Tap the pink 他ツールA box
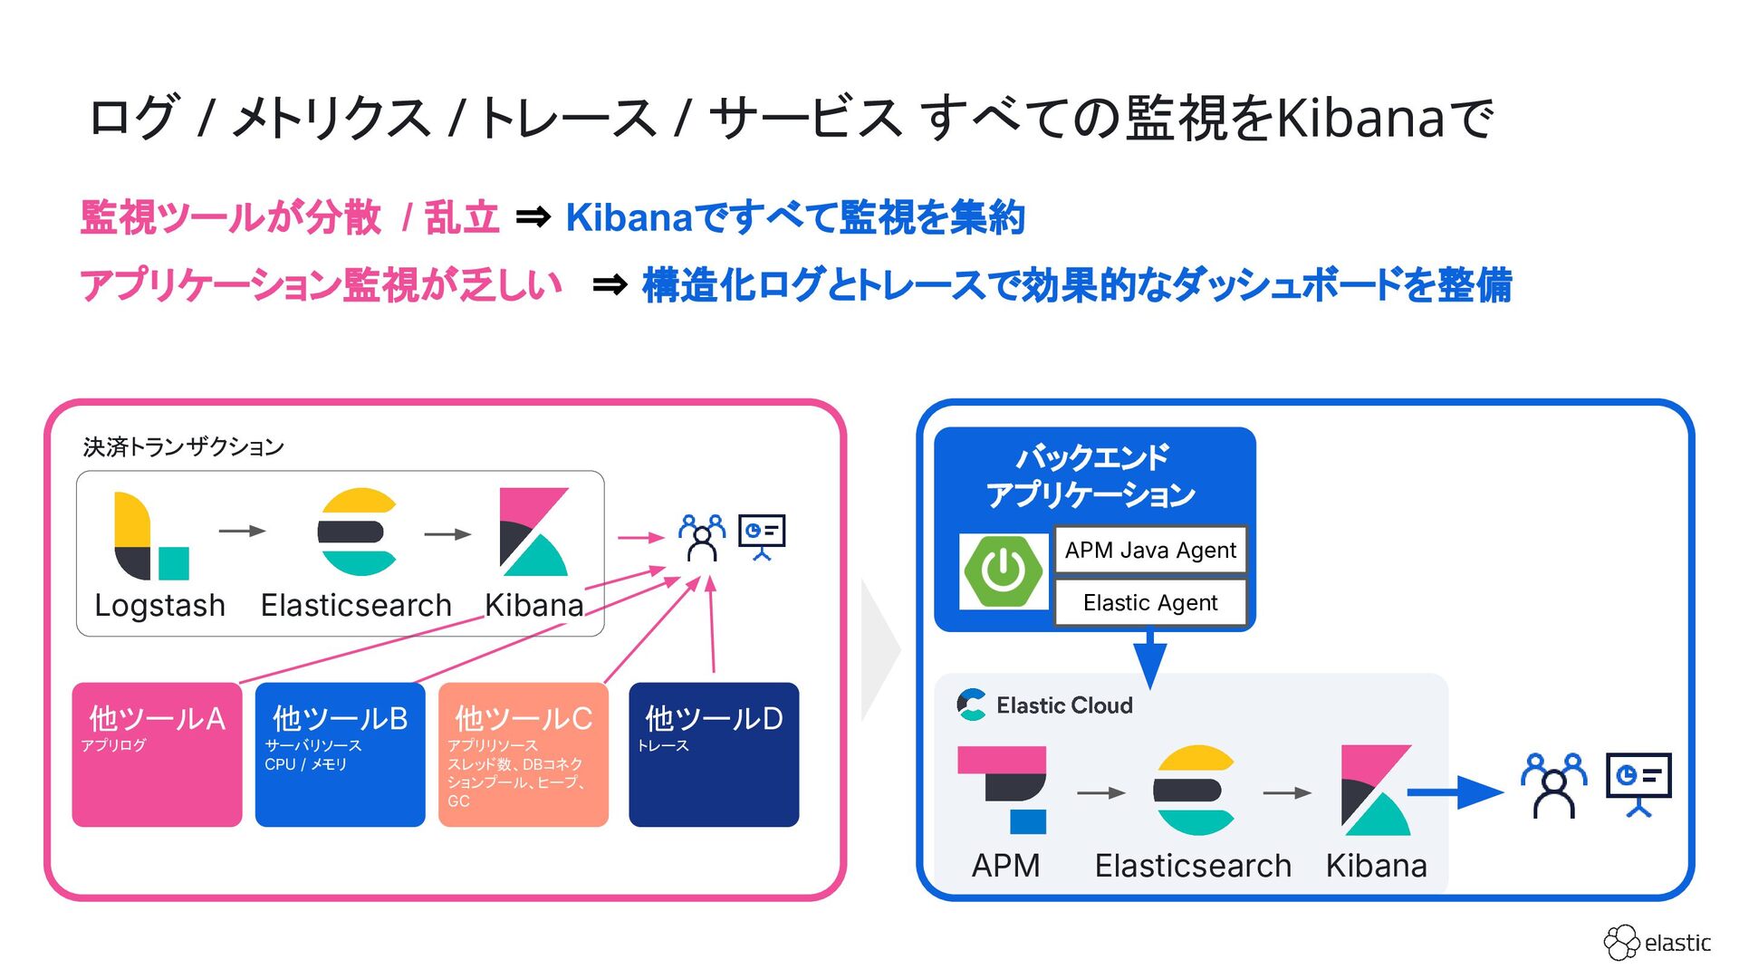pos(157,753)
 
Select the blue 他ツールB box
pos(340,753)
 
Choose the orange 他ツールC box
pos(523,753)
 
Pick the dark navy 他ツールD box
pos(714,753)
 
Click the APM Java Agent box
pos(1150,550)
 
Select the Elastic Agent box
pos(1150,602)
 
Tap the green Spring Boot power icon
pos(1004,571)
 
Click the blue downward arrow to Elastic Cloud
pos(1149,660)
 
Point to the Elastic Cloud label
pos(1063,705)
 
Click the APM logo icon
pos(1004,789)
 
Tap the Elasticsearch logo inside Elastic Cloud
pos(1194,790)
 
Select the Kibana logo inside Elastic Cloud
pos(1376,790)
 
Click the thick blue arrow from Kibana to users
pos(1455,793)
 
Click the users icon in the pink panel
pos(702,538)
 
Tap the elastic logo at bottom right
pos(1657,943)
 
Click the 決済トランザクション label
pos(184,447)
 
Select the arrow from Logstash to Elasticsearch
pos(242,531)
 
